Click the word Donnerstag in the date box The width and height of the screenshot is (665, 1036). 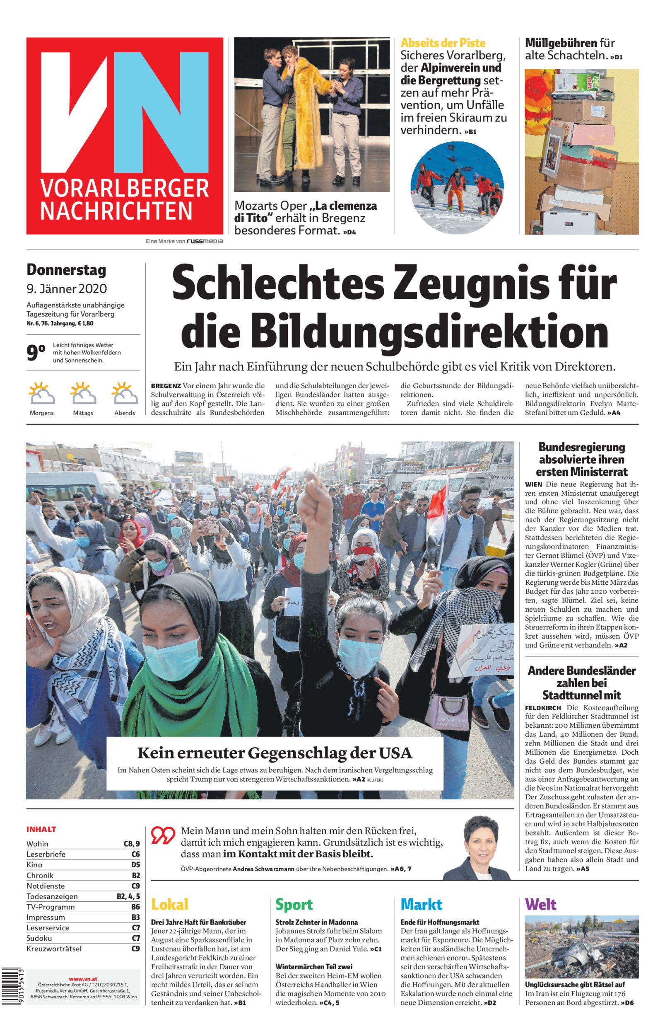(66, 270)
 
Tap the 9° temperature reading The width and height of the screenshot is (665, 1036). (36, 353)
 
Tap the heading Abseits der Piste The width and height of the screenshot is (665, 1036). (443, 43)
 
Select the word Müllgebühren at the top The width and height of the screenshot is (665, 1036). (561, 43)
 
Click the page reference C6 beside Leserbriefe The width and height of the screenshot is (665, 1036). (135, 854)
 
